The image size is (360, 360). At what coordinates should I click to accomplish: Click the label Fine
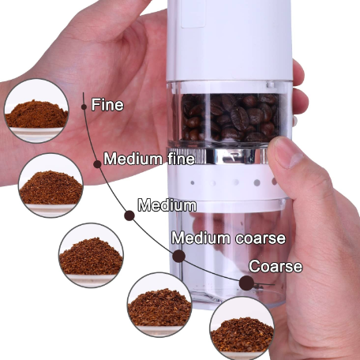tap(107, 105)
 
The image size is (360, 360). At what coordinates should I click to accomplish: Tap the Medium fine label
tap(149, 159)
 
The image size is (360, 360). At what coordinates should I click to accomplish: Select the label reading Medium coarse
tap(228, 238)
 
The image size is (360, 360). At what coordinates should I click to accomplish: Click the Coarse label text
tap(276, 266)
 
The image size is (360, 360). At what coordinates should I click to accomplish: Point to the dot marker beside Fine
tap(84, 107)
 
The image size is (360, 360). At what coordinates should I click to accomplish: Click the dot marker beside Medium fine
tap(97, 164)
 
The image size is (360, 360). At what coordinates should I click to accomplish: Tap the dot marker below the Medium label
tap(129, 216)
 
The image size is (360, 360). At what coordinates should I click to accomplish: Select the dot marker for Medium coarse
tap(178, 256)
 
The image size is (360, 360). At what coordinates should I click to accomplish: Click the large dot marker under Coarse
tap(246, 283)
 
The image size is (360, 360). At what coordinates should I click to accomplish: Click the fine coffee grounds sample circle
tap(36, 111)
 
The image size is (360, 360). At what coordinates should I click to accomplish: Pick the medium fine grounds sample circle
tap(51, 186)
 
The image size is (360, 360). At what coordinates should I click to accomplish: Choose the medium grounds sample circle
tap(91, 255)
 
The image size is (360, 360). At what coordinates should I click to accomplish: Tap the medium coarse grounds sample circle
tap(159, 305)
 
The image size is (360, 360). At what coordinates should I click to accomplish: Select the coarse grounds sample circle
tap(242, 328)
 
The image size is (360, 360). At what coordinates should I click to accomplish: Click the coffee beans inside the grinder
tap(230, 118)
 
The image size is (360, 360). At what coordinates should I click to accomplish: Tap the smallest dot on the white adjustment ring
tap(193, 182)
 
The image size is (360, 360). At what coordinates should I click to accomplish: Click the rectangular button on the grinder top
tap(193, 13)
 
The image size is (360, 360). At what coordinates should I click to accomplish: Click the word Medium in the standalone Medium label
tap(167, 205)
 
